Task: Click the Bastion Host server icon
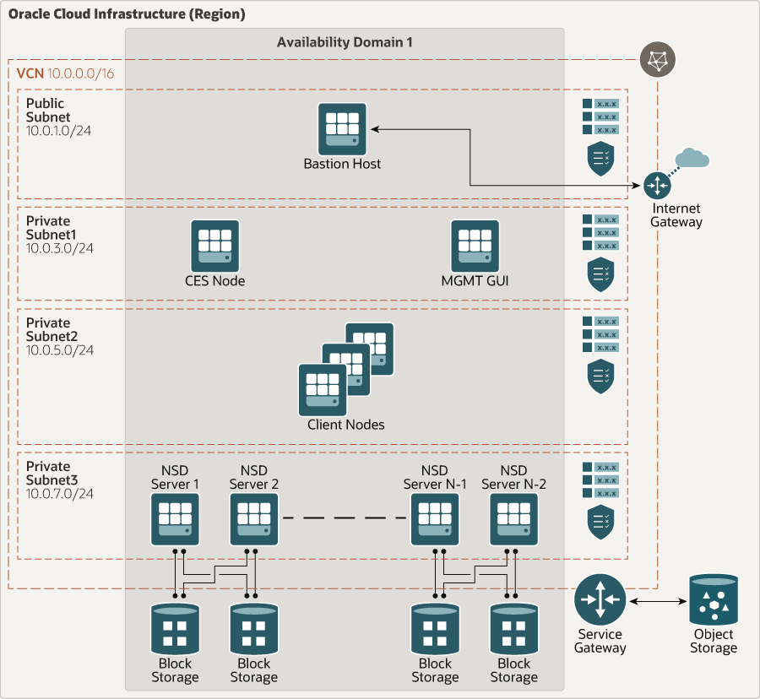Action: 343,128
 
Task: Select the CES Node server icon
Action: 214,246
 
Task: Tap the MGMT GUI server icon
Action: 475,246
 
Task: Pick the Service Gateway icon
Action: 600,600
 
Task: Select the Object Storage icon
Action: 714,599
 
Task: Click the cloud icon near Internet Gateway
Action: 692,158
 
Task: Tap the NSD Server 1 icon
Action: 176,519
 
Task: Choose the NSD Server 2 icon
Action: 254,519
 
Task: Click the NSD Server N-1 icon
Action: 435,519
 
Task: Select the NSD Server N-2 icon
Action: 513,519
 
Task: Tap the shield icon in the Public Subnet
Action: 600,159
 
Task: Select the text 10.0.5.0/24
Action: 60,349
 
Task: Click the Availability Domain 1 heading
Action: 345,42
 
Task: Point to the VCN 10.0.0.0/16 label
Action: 65,73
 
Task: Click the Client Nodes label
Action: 345,425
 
